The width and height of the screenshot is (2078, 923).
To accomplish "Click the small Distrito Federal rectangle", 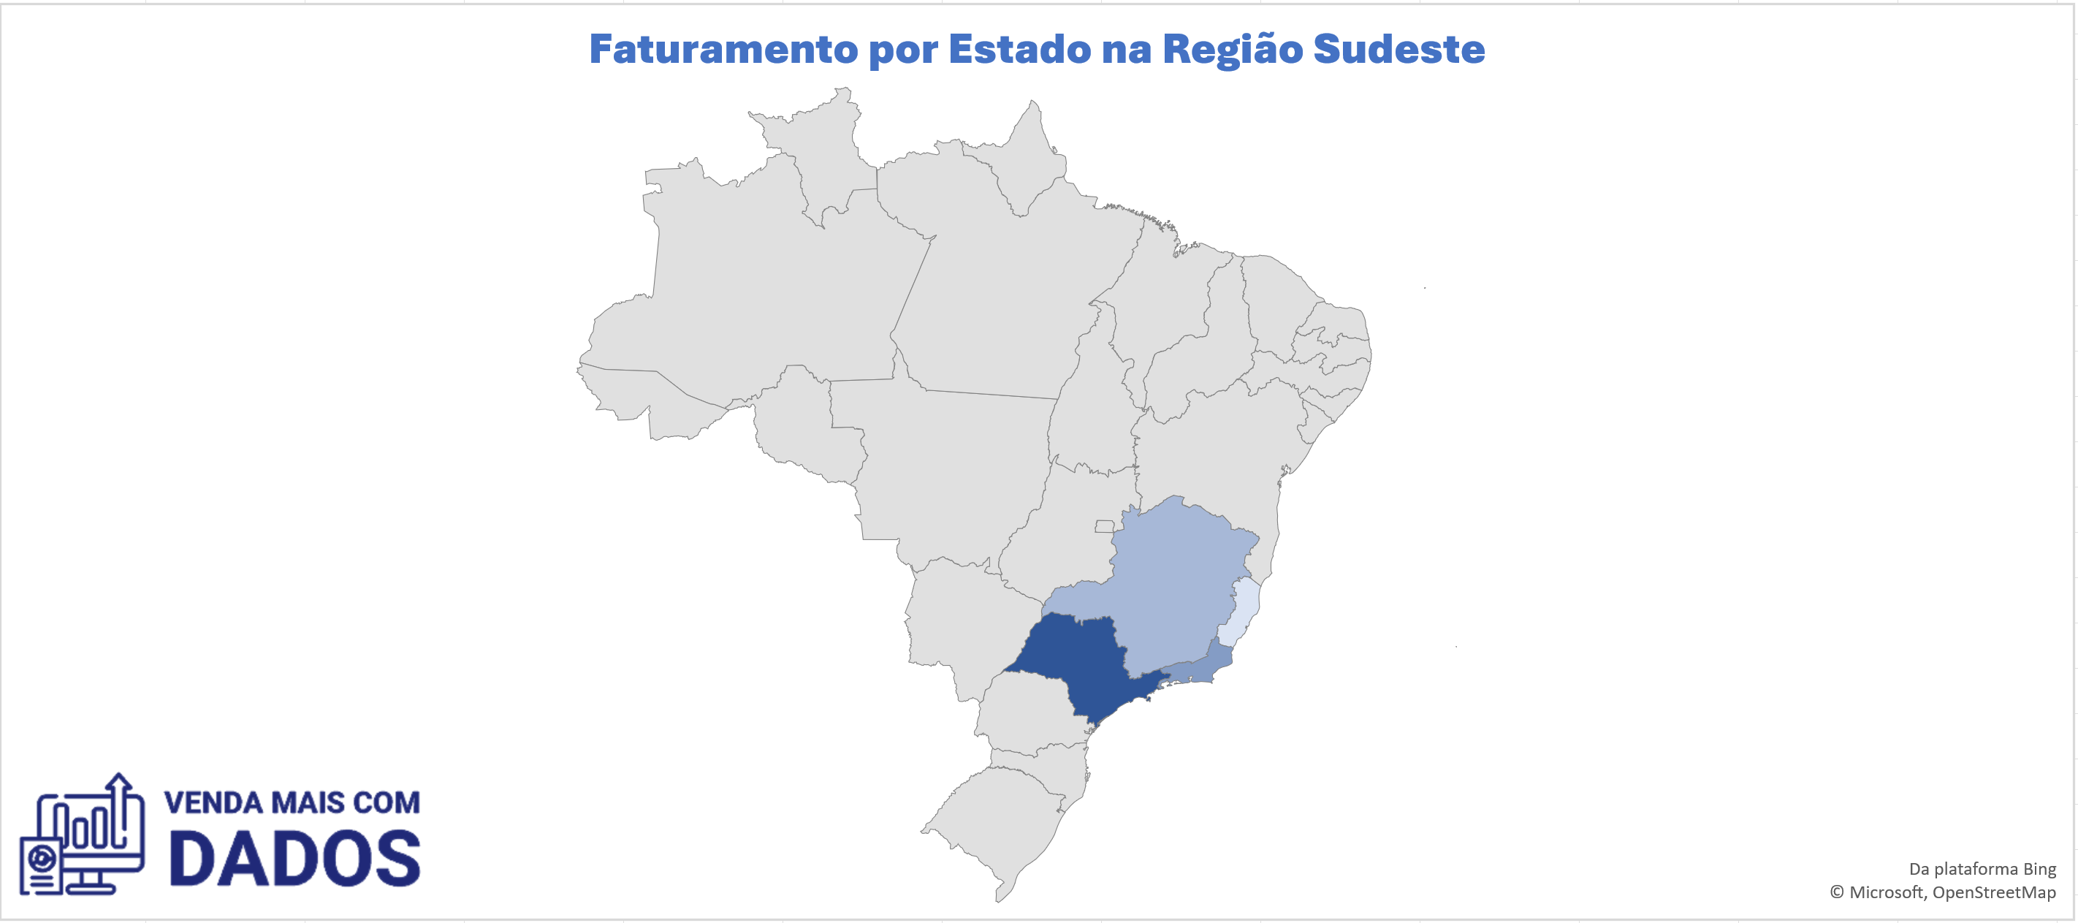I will point(1103,527).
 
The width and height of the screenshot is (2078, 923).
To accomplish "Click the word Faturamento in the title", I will point(723,50).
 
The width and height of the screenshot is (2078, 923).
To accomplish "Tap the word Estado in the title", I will point(1020,50).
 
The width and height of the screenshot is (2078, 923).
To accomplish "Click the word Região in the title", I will point(1232,50).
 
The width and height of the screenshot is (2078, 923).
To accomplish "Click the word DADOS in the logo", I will point(294,859).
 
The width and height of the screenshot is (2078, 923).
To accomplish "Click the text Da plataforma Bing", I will point(1982,869).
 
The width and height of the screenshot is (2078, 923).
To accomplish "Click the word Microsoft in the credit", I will point(1885,892).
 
